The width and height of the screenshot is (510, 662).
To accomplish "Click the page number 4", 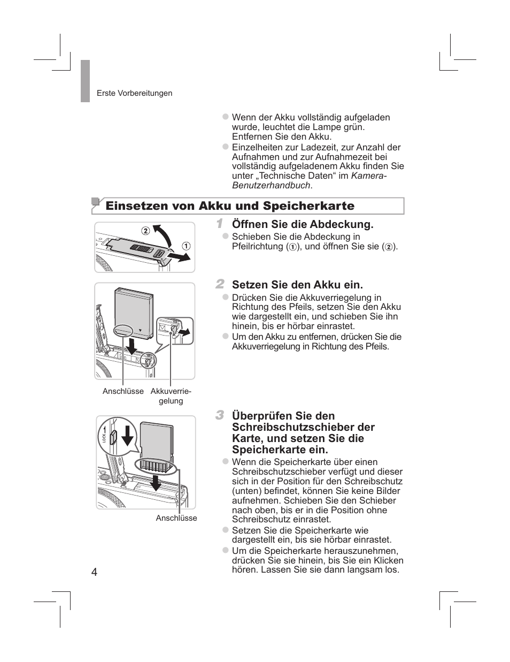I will point(95,572).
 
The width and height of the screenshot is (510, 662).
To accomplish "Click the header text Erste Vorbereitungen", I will point(134,93).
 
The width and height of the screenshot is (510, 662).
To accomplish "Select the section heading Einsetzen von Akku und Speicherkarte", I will point(230,206).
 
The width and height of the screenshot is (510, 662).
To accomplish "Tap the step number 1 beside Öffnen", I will point(220,223).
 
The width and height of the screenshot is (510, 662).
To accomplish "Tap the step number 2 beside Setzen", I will point(220,284).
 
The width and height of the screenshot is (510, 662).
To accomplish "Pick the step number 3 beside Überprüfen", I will point(220,415).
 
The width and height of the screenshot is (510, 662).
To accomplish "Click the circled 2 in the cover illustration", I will point(145,231).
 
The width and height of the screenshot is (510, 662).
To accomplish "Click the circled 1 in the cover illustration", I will point(186,246).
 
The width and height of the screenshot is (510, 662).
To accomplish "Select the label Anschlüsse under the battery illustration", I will point(123,391).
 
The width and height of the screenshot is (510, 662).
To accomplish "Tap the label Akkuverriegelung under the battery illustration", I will point(171,396).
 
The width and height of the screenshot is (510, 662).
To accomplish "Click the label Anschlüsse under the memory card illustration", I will point(176,518).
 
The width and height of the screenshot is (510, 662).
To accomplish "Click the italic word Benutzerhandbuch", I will point(271,185).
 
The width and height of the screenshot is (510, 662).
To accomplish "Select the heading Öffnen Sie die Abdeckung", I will point(303,224).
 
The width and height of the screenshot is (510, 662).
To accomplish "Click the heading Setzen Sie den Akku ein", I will point(297,285).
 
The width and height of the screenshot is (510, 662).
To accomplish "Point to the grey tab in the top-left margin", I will point(86,80).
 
